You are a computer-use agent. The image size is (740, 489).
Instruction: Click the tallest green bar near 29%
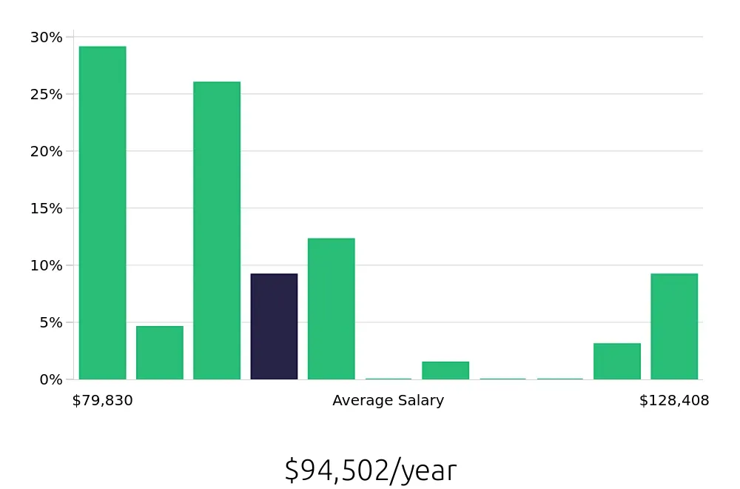102,213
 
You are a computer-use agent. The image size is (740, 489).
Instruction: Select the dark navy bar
274,327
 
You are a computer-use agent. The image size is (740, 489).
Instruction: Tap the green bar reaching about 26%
217,230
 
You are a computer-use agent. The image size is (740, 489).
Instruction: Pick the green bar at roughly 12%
331,309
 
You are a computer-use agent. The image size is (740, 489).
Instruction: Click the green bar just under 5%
159,353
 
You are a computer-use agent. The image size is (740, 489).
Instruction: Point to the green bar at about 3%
616,362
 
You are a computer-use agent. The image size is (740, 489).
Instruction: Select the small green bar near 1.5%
445,370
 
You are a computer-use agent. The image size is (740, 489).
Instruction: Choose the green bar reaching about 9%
674,327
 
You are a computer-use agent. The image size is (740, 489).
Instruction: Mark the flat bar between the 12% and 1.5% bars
388,379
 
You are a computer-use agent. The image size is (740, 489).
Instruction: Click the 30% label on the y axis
47,37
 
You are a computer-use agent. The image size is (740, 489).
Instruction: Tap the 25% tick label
47,94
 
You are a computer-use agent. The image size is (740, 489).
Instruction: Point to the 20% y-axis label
47,151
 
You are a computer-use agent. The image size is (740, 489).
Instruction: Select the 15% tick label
47,208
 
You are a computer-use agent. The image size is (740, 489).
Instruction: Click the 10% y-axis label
47,265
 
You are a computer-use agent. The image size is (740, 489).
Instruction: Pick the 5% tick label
50,322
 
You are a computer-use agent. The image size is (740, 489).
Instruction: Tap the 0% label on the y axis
50,379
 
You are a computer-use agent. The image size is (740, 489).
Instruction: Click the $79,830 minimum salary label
102,401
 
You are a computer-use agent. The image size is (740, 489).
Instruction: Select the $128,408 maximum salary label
674,401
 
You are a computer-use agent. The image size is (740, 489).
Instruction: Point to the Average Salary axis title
388,401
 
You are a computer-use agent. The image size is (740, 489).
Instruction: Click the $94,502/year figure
370,470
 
